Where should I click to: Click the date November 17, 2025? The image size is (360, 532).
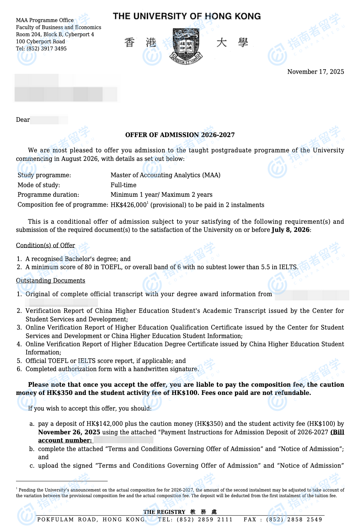(315, 72)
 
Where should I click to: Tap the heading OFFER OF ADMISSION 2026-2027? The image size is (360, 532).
(180, 135)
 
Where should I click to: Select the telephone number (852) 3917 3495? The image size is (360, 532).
(47, 49)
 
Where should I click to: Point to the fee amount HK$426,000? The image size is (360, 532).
(128, 205)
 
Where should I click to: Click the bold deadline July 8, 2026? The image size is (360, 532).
(290, 230)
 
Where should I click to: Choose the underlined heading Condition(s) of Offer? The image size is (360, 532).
(45, 245)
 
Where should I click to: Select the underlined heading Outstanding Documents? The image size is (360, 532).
(50, 281)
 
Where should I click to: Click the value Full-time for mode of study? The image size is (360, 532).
(123, 185)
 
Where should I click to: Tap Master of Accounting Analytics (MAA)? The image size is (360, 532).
(165, 175)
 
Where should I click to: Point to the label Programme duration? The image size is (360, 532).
(48, 195)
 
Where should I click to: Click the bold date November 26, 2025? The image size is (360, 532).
(69, 432)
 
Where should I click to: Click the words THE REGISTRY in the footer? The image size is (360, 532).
(164, 512)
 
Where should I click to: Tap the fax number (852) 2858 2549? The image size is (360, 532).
(294, 520)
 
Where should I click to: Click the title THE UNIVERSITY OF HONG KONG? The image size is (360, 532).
(186, 16)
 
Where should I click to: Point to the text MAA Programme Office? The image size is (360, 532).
(45, 20)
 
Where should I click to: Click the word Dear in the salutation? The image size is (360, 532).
(23, 120)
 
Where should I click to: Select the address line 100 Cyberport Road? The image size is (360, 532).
(40, 42)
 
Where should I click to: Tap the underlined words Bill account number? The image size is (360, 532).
(65, 440)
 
